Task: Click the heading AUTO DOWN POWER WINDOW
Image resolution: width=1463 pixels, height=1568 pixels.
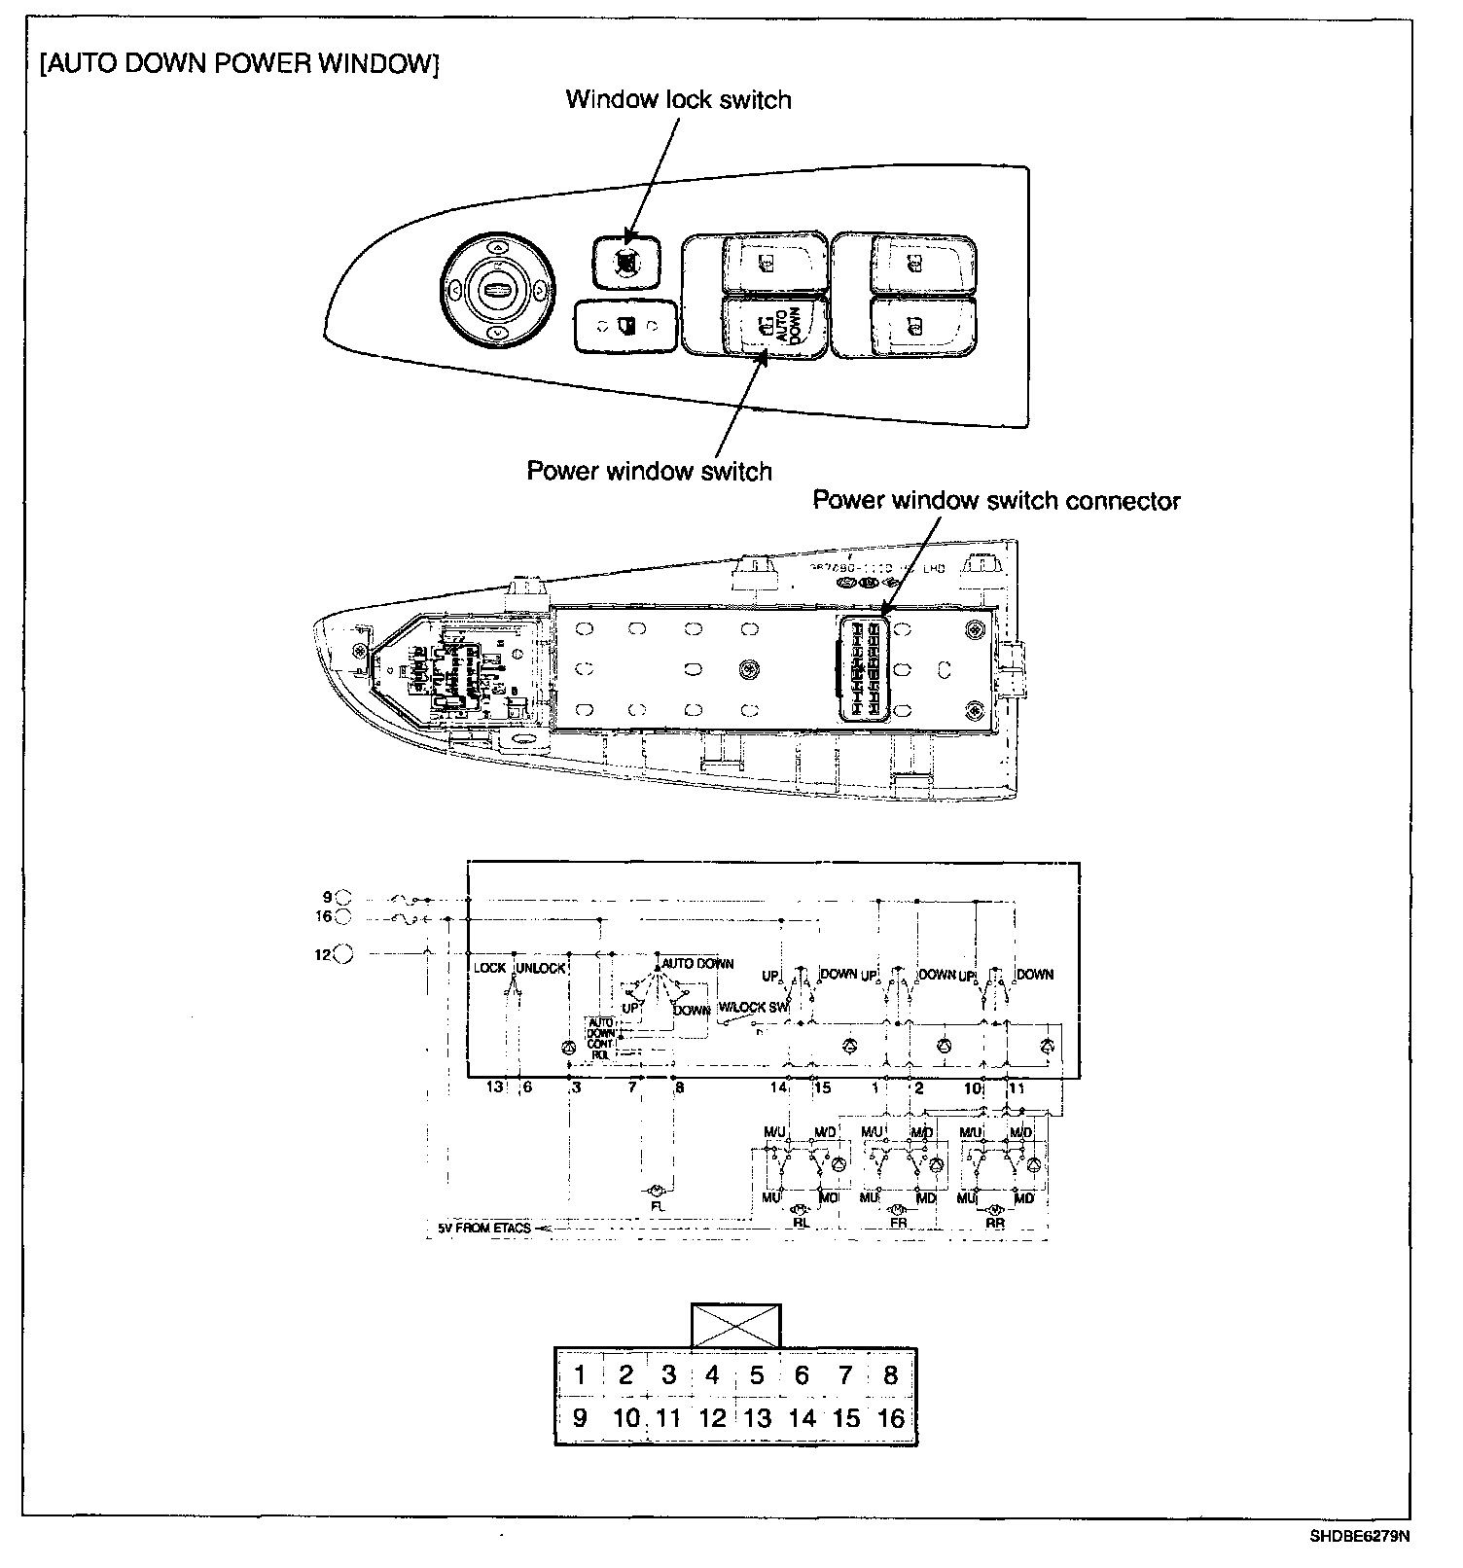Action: [239, 65]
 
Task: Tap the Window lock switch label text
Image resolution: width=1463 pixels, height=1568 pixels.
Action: [678, 99]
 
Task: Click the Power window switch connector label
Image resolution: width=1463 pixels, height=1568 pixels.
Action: [996, 500]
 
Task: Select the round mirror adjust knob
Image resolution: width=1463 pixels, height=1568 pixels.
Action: [497, 290]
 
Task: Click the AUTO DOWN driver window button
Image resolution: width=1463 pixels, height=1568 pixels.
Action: [775, 327]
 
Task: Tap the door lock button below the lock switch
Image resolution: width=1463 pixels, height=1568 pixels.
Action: [624, 326]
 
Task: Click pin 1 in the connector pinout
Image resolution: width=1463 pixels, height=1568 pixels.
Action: [580, 1374]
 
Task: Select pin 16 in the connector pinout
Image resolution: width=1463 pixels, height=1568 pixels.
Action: [891, 1418]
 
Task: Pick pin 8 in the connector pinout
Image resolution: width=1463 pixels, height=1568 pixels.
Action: [891, 1374]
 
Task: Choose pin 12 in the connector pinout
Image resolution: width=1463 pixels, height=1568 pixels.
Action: [712, 1418]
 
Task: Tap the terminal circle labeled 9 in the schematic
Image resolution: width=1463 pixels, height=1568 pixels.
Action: [343, 898]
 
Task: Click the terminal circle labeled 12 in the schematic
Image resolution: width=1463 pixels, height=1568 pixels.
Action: [343, 954]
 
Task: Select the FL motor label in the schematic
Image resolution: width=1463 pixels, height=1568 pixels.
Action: [659, 1206]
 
